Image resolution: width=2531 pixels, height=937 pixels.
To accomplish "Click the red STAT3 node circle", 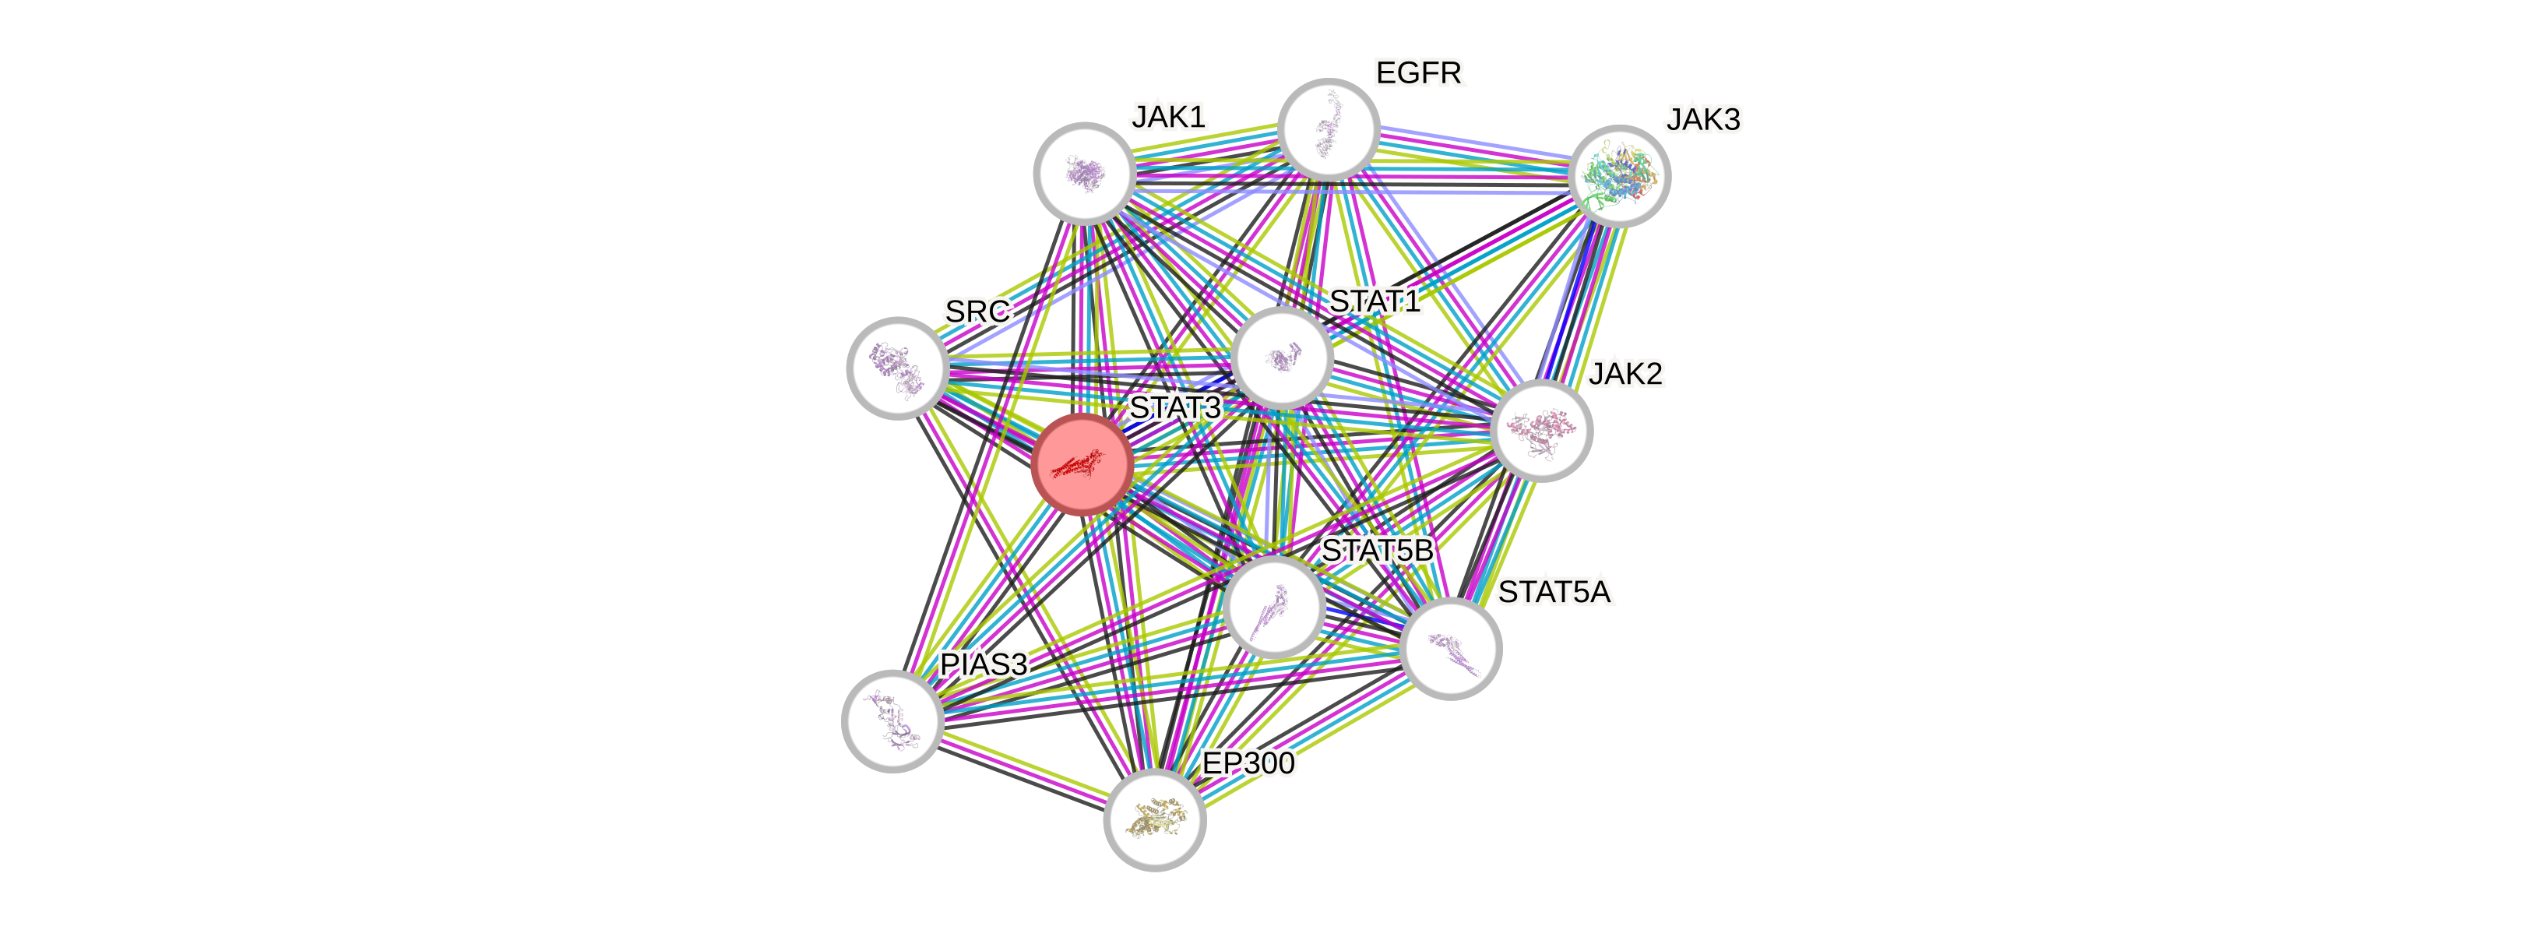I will (x=1082, y=464).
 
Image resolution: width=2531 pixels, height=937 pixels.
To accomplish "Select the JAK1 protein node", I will (x=1085, y=173).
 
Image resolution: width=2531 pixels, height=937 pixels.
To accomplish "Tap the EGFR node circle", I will (x=1329, y=129).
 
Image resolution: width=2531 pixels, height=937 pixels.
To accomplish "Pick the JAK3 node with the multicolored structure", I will (x=1620, y=177).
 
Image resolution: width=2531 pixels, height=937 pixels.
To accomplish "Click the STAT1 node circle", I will (x=1281, y=358).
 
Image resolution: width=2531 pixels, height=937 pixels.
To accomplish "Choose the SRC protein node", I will (x=896, y=368).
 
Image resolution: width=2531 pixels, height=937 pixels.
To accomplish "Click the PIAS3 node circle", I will (x=892, y=722).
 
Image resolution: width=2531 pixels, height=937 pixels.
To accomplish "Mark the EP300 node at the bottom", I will (x=1154, y=820).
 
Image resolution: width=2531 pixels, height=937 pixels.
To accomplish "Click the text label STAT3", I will (x=1174, y=407).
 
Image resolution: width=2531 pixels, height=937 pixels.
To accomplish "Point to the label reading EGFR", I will (x=1419, y=72).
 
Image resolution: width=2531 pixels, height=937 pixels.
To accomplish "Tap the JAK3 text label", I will (x=1702, y=120).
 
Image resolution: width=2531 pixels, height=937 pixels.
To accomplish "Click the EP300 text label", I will (x=1248, y=763).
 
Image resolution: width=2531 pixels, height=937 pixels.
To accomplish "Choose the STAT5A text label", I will (x=1554, y=592).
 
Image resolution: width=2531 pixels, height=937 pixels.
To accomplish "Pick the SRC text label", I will (x=977, y=312).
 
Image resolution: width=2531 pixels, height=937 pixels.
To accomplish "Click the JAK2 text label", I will (x=1626, y=373).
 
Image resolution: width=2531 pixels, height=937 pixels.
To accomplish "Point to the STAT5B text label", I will (x=1377, y=550).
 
